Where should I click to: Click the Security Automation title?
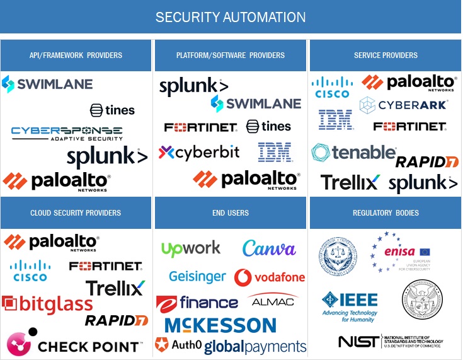231,17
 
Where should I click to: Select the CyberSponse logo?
67,133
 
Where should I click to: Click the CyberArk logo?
403,105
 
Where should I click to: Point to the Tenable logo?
353,153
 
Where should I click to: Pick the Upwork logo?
191,248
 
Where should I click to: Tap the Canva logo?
269,248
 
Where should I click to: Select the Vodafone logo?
270,277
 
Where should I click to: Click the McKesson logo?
220,325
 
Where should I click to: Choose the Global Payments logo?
255,346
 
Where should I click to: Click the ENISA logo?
399,253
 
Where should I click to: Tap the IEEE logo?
350,305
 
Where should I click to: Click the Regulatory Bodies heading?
386,213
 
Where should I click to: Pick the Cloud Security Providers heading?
76,213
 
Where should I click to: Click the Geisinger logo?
197,277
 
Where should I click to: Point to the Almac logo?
273,301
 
